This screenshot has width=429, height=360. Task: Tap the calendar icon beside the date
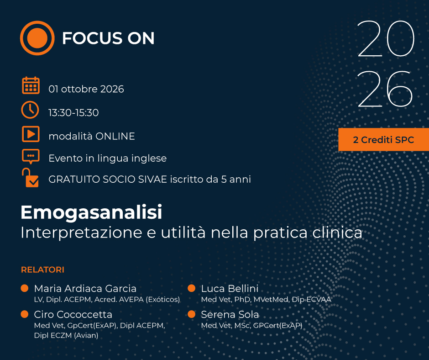[x=31, y=85]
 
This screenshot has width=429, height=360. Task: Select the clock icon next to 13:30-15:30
[x=30, y=110]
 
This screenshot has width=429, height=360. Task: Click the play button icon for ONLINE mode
[x=31, y=134]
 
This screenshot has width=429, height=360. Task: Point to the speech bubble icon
[x=31, y=156]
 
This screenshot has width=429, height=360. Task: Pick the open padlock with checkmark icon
[x=31, y=178]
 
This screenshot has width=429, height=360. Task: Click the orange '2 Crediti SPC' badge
[x=383, y=139]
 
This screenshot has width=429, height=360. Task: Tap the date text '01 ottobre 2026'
[x=86, y=89]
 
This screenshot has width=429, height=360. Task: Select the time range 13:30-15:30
[x=73, y=112]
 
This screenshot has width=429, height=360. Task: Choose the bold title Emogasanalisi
[x=91, y=212]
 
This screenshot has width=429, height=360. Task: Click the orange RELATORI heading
[x=43, y=270]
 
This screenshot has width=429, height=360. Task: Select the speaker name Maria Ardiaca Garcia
[x=85, y=288]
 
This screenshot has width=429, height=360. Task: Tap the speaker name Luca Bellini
[x=230, y=288]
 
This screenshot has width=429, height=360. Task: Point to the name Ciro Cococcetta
[x=73, y=314]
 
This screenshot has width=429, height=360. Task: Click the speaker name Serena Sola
[x=230, y=314]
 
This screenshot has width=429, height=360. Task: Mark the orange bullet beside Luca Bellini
[x=192, y=288]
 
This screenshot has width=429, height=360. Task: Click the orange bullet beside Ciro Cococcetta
[x=25, y=314]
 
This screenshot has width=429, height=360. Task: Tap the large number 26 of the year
[x=385, y=89]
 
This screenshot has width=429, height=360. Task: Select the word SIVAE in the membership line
[x=152, y=179]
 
